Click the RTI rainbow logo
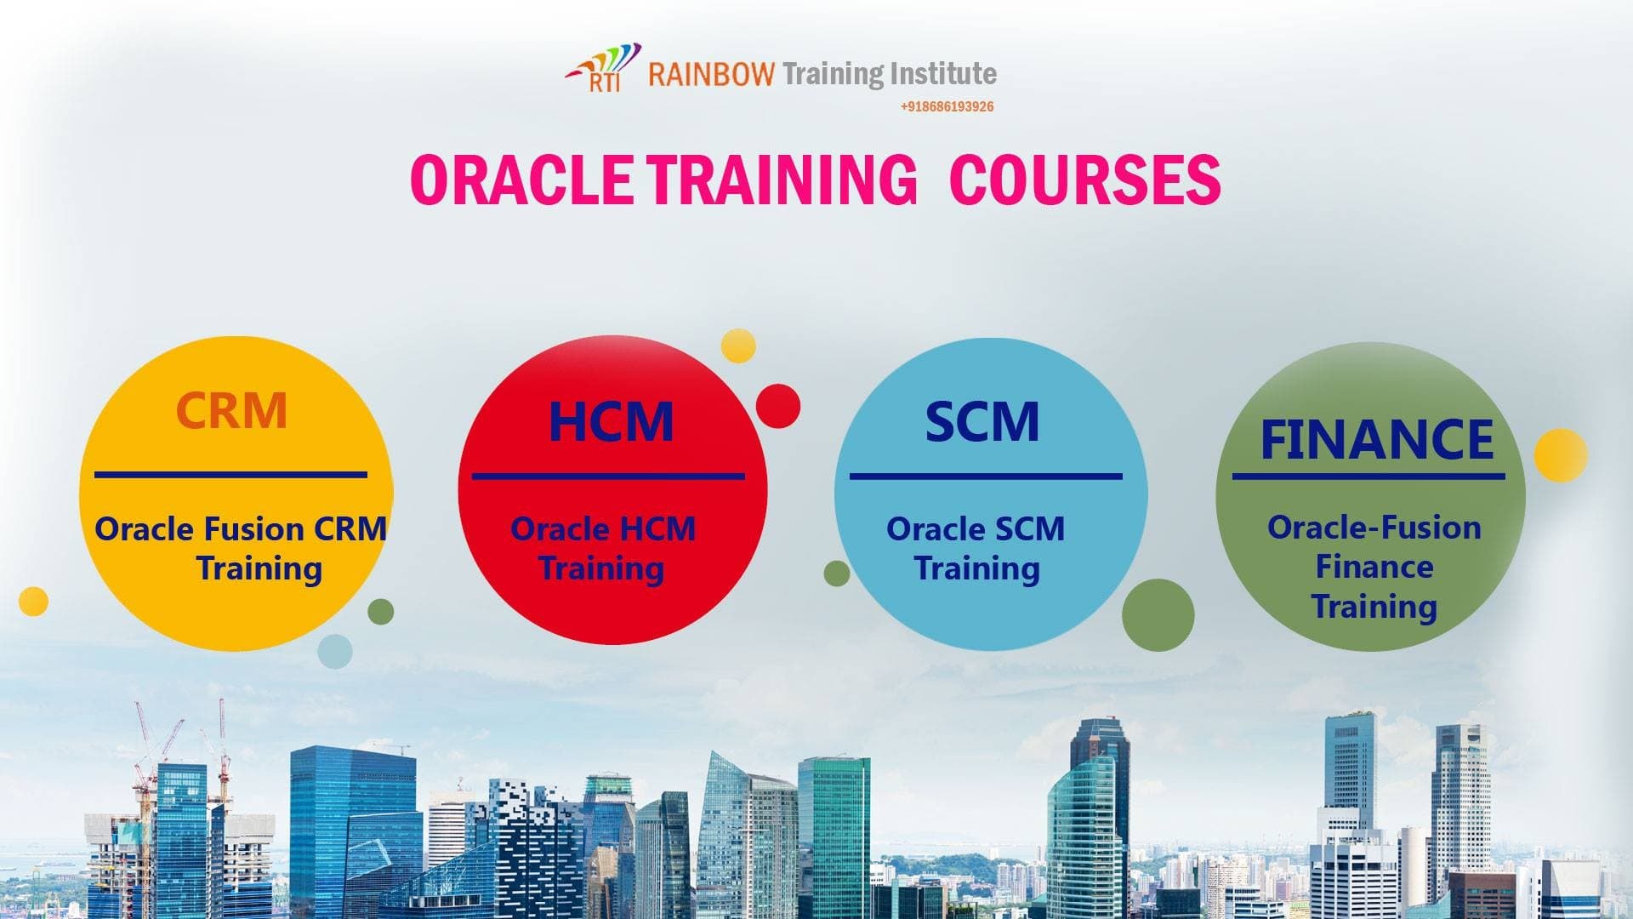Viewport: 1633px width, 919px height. [602, 68]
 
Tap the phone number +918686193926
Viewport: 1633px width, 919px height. [947, 106]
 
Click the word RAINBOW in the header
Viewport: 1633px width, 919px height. [711, 74]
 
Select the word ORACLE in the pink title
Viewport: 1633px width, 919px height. [521, 180]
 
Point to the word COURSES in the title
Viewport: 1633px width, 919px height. [1084, 180]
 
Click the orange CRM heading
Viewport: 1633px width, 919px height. [231, 410]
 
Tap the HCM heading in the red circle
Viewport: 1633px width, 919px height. [611, 421]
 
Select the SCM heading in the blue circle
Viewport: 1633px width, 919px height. [982, 421]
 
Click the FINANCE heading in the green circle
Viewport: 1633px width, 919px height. [1376, 439]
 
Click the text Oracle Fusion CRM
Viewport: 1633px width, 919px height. [241, 529]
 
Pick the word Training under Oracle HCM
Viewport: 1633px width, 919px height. [601, 568]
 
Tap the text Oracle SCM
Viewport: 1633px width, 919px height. [975, 529]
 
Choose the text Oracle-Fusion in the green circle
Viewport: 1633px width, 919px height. [1374, 528]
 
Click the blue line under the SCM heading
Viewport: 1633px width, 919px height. [985, 477]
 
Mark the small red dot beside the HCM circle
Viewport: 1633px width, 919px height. [777, 406]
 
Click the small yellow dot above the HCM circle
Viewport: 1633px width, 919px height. [738, 345]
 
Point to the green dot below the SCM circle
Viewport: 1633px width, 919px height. [1158, 615]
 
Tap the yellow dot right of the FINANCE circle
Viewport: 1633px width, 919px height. [1561, 455]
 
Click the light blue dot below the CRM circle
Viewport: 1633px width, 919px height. [334, 651]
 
